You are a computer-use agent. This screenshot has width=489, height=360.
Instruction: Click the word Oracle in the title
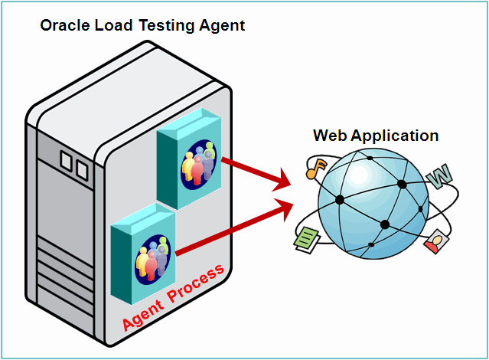coord(64,25)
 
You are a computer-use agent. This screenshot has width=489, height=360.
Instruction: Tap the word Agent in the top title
coord(220,25)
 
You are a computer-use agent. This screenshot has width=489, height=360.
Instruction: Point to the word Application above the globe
coord(394,136)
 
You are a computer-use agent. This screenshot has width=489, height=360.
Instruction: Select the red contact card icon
coord(436,241)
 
